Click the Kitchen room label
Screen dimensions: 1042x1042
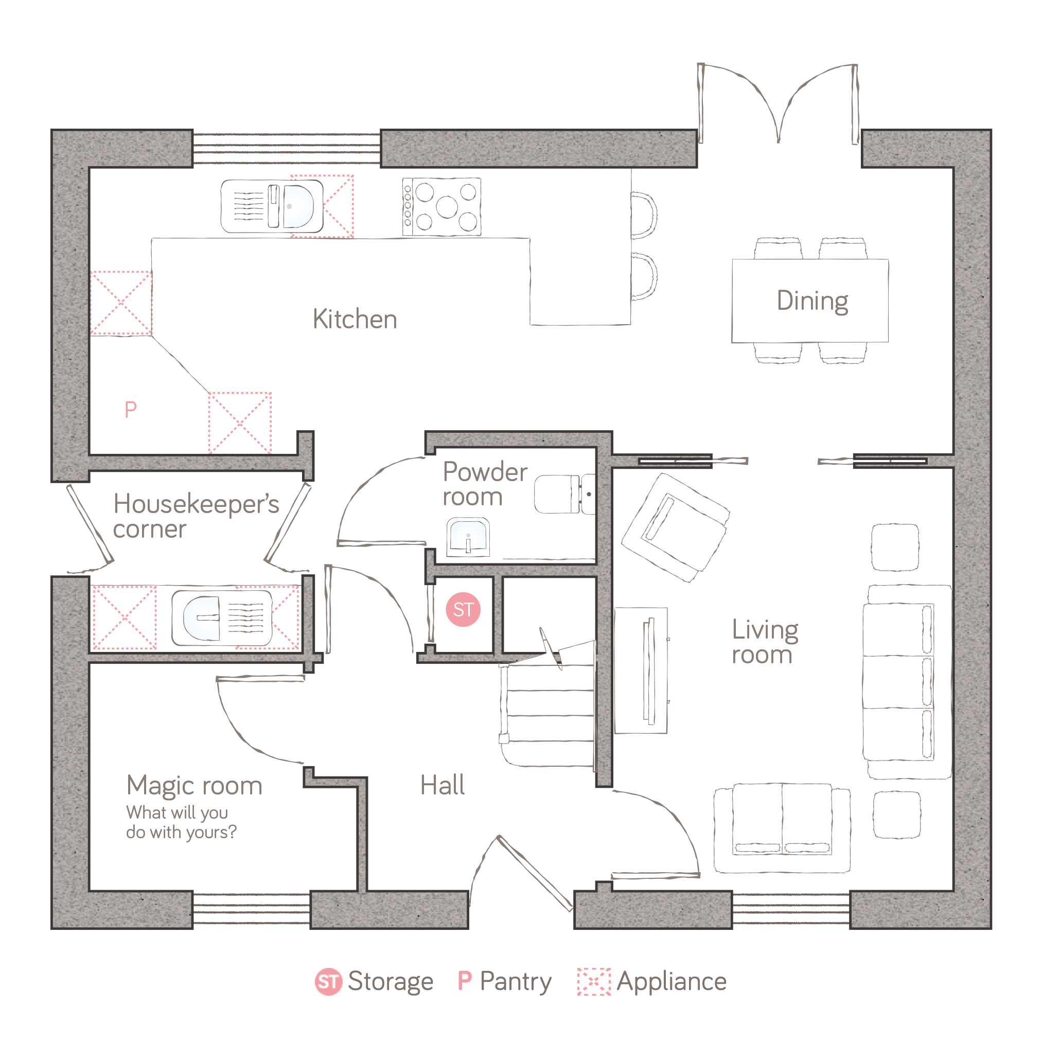(x=355, y=319)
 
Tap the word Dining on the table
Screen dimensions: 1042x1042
(x=812, y=301)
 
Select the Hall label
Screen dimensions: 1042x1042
(x=442, y=785)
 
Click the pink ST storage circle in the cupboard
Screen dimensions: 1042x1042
(x=463, y=609)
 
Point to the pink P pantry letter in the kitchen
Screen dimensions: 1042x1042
(x=131, y=410)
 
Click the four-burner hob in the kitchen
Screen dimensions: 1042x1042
(x=441, y=206)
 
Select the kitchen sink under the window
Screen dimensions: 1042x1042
(x=272, y=206)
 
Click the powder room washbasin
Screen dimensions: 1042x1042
(x=468, y=537)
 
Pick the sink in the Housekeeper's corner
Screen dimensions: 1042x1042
(x=222, y=618)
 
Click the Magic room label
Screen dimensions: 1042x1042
(x=194, y=786)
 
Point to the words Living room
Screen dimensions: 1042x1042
(x=765, y=642)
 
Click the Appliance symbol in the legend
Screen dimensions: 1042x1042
(x=594, y=982)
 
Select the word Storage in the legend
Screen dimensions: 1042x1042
(x=391, y=982)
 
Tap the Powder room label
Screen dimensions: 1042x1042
(x=485, y=484)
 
